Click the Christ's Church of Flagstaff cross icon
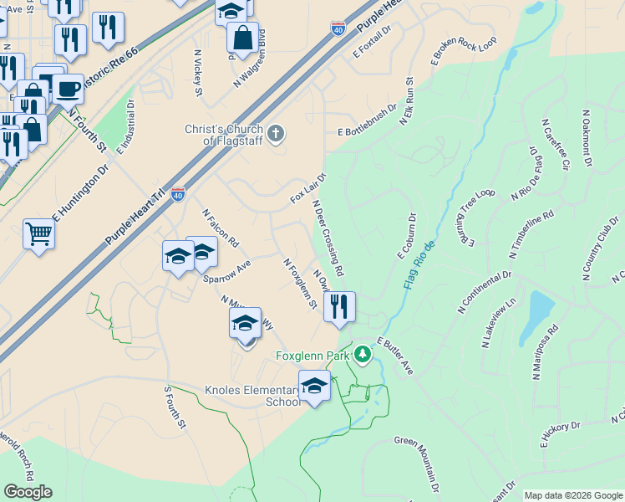277,132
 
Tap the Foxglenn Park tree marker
362,356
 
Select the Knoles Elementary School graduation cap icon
314,386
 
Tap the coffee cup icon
68,88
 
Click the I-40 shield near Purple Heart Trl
178,194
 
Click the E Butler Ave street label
395,355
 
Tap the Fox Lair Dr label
307,189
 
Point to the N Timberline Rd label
531,233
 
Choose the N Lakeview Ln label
501,321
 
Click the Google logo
28,492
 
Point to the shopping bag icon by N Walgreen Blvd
242,38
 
